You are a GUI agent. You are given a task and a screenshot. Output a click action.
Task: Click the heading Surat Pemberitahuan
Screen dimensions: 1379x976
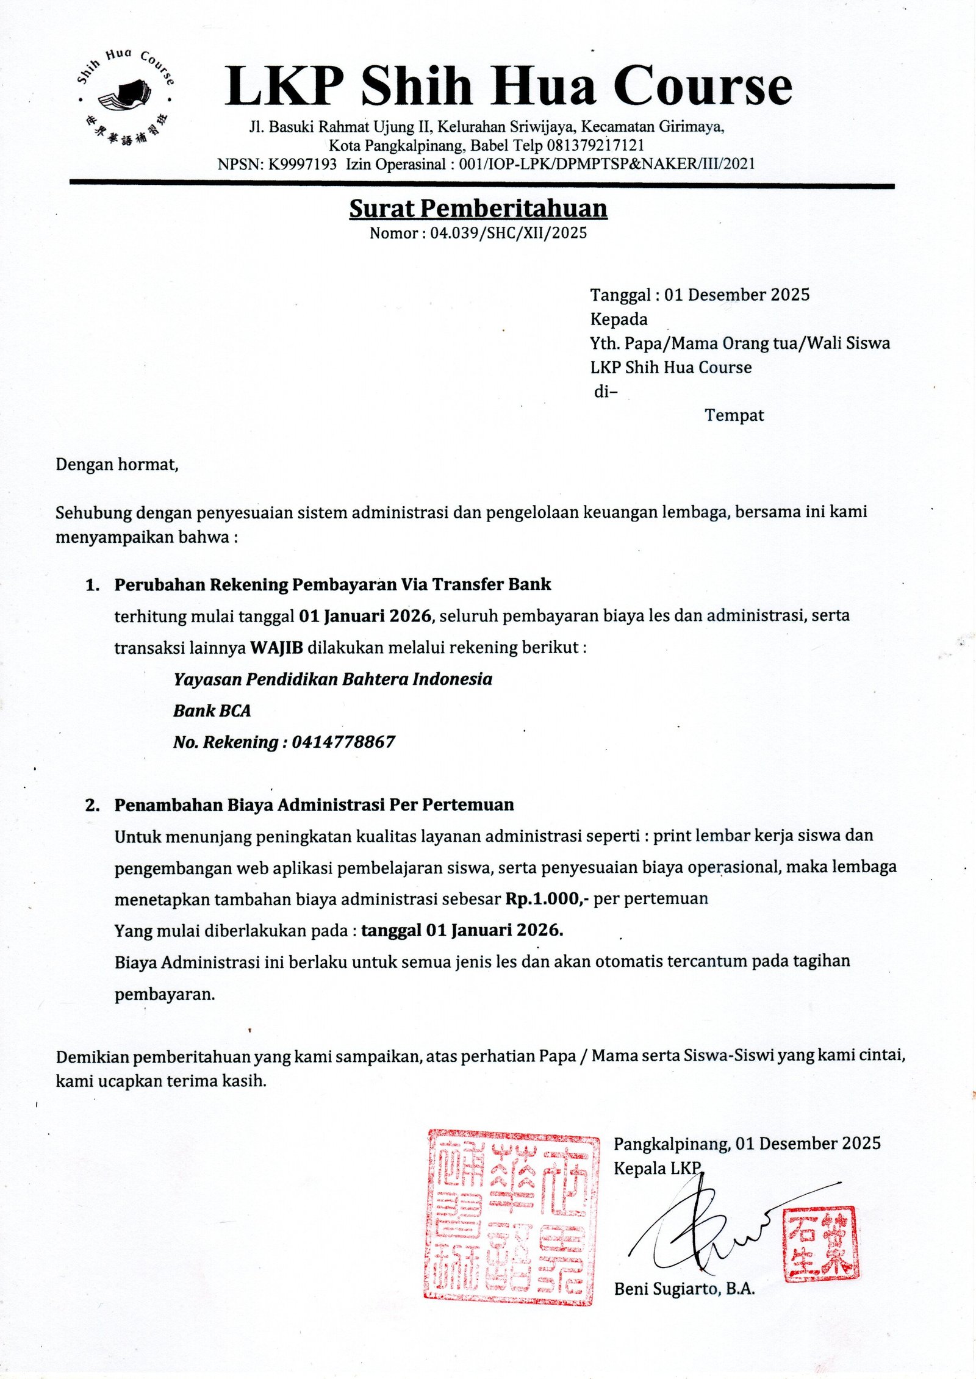click(x=478, y=209)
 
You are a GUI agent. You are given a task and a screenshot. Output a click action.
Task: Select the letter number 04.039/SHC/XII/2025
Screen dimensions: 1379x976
click(x=508, y=233)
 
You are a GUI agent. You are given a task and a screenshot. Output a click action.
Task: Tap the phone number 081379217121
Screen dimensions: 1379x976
click(x=595, y=146)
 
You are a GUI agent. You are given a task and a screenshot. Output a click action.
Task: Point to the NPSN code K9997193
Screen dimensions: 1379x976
click(x=303, y=164)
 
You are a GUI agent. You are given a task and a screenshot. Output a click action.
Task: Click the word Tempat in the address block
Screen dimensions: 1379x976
click(x=734, y=415)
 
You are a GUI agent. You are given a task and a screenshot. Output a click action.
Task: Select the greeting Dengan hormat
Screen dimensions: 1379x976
click(x=117, y=465)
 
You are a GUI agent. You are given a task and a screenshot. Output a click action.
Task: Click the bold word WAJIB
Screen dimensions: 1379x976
click(x=276, y=647)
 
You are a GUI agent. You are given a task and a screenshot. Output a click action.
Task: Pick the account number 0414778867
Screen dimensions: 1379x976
click(x=343, y=742)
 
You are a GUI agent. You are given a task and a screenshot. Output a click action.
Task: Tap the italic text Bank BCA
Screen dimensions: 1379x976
click(x=212, y=711)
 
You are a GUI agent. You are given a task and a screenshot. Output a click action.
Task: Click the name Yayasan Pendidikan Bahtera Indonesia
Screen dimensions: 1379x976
click(x=332, y=679)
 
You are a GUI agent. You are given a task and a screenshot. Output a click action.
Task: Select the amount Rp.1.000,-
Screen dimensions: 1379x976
click(x=546, y=898)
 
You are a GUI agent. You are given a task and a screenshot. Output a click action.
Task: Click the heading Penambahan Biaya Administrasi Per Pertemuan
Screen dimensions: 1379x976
click(x=314, y=805)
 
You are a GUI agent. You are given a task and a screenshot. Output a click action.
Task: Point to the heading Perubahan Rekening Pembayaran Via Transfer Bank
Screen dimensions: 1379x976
click(x=332, y=584)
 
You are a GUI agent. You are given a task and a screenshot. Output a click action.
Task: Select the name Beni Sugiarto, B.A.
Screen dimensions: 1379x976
click(x=684, y=1289)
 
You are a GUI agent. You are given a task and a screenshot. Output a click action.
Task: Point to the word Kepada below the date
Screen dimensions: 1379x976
click(x=619, y=319)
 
